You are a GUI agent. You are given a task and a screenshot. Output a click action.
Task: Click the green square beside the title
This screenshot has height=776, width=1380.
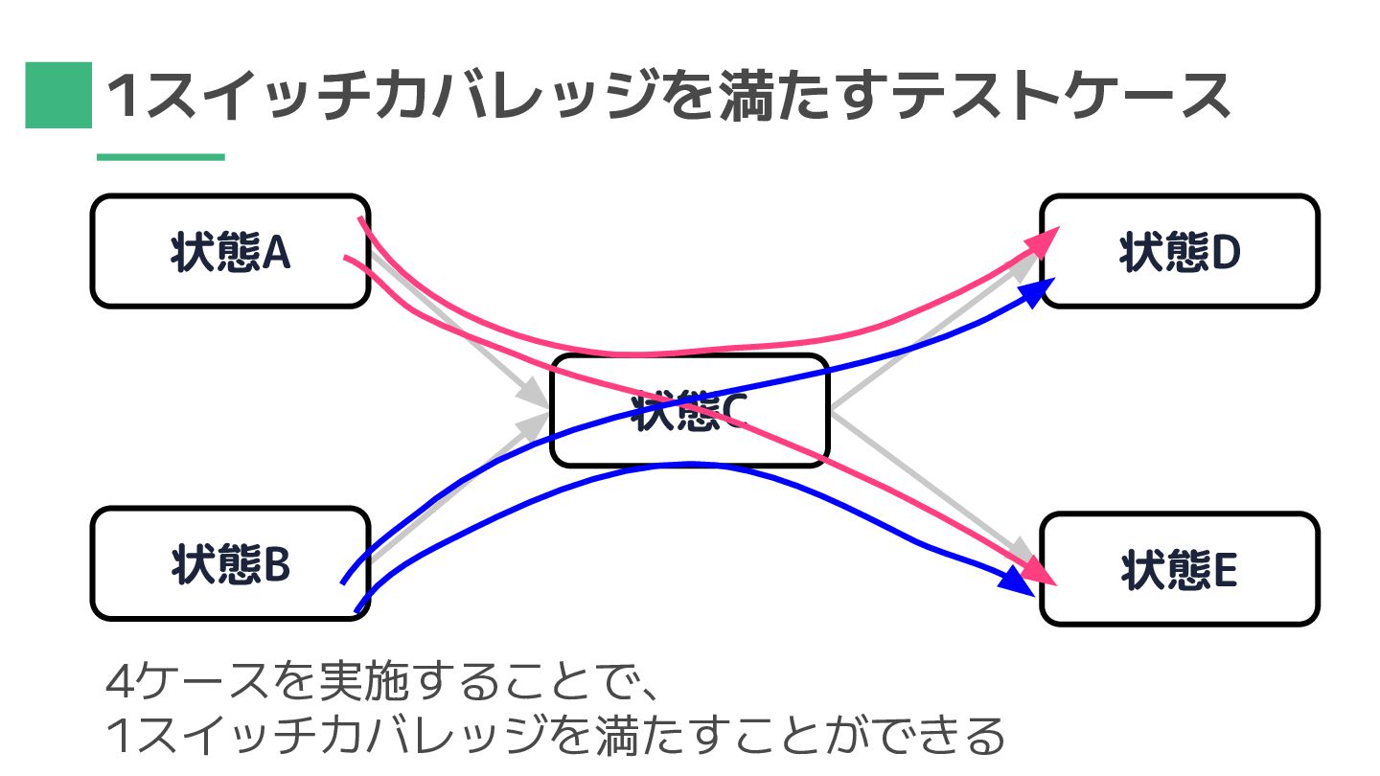[x=57, y=95]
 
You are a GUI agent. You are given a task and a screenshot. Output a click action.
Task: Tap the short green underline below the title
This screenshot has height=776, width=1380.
[x=160, y=157]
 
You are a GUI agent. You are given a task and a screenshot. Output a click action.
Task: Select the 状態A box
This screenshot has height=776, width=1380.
[x=230, y=252]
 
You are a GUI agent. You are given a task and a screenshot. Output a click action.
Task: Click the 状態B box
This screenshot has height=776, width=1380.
[x=230, y=563]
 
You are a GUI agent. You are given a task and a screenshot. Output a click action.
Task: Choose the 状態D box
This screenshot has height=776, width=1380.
[x=1179, y=252]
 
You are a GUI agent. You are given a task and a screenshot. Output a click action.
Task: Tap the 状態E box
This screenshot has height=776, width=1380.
[x=1179, y=570]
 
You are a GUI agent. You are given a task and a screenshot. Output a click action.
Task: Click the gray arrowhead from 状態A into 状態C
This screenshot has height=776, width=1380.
[x=533, y=393]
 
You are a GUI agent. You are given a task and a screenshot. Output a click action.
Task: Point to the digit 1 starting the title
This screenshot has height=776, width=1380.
[x=124, y=98]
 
